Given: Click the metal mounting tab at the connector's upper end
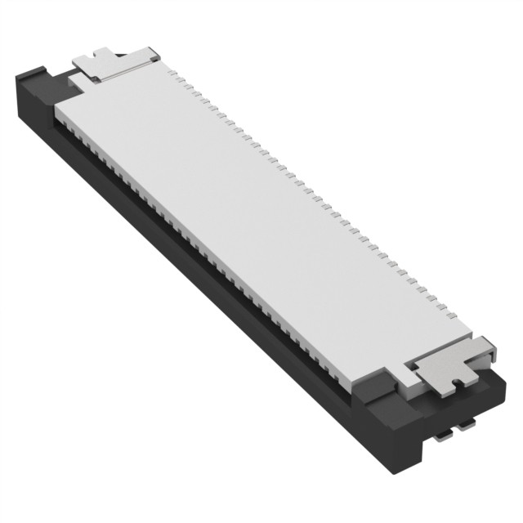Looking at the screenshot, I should point(114,64).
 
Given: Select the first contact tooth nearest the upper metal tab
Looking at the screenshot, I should point(175,76).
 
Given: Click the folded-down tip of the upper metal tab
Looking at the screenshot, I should point(152,54).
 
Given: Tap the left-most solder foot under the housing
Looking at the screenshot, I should point(442,436).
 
